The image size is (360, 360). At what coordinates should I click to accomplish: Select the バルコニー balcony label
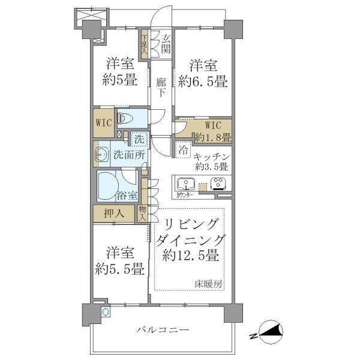(162, 329)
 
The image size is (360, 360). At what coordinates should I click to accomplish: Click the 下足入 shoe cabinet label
(145, 46)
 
